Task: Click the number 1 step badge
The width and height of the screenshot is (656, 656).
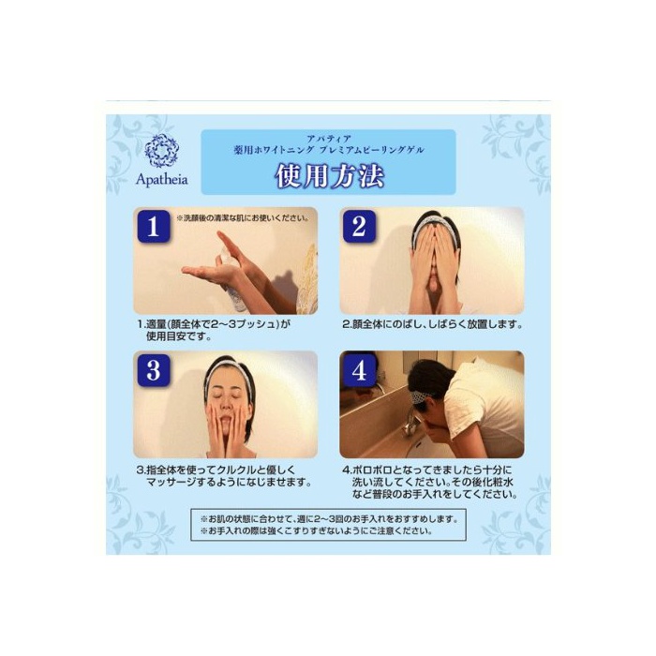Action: (x=154, y=227)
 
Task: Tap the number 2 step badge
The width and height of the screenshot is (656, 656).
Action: (x=359, y=227)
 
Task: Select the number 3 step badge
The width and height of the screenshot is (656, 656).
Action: (x=154, y=370)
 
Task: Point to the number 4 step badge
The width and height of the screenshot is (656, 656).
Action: (x=359, y=370)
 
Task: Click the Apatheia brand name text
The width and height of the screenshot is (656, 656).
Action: (x=162, y=180)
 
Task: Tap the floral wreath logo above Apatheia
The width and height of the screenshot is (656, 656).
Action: (x=161, y=151)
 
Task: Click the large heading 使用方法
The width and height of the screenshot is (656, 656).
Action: (x=329, y=176)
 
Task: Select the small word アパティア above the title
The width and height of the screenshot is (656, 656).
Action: (x=328, y=139)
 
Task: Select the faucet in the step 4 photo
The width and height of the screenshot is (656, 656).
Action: (x=410, y=421)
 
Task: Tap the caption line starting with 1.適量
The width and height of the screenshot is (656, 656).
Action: (x=214, y=324)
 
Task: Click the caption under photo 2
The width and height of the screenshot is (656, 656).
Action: (x=432, y=324)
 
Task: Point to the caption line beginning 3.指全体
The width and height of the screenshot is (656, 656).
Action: (x=216, y=470)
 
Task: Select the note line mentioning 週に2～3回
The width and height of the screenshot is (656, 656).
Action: (x=329, y=519)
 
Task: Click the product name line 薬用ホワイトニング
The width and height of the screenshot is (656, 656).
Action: (x=329, y=150)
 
